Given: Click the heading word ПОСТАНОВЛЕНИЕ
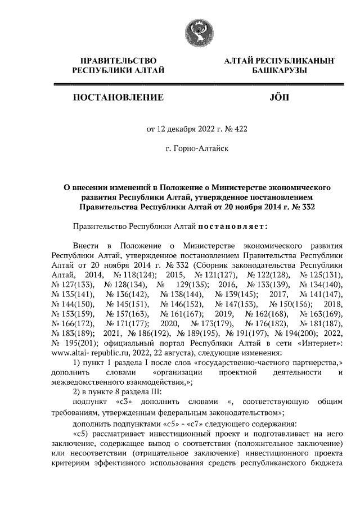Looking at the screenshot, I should pos(118,98).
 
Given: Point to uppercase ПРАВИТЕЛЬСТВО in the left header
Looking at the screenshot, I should pos(118,60).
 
